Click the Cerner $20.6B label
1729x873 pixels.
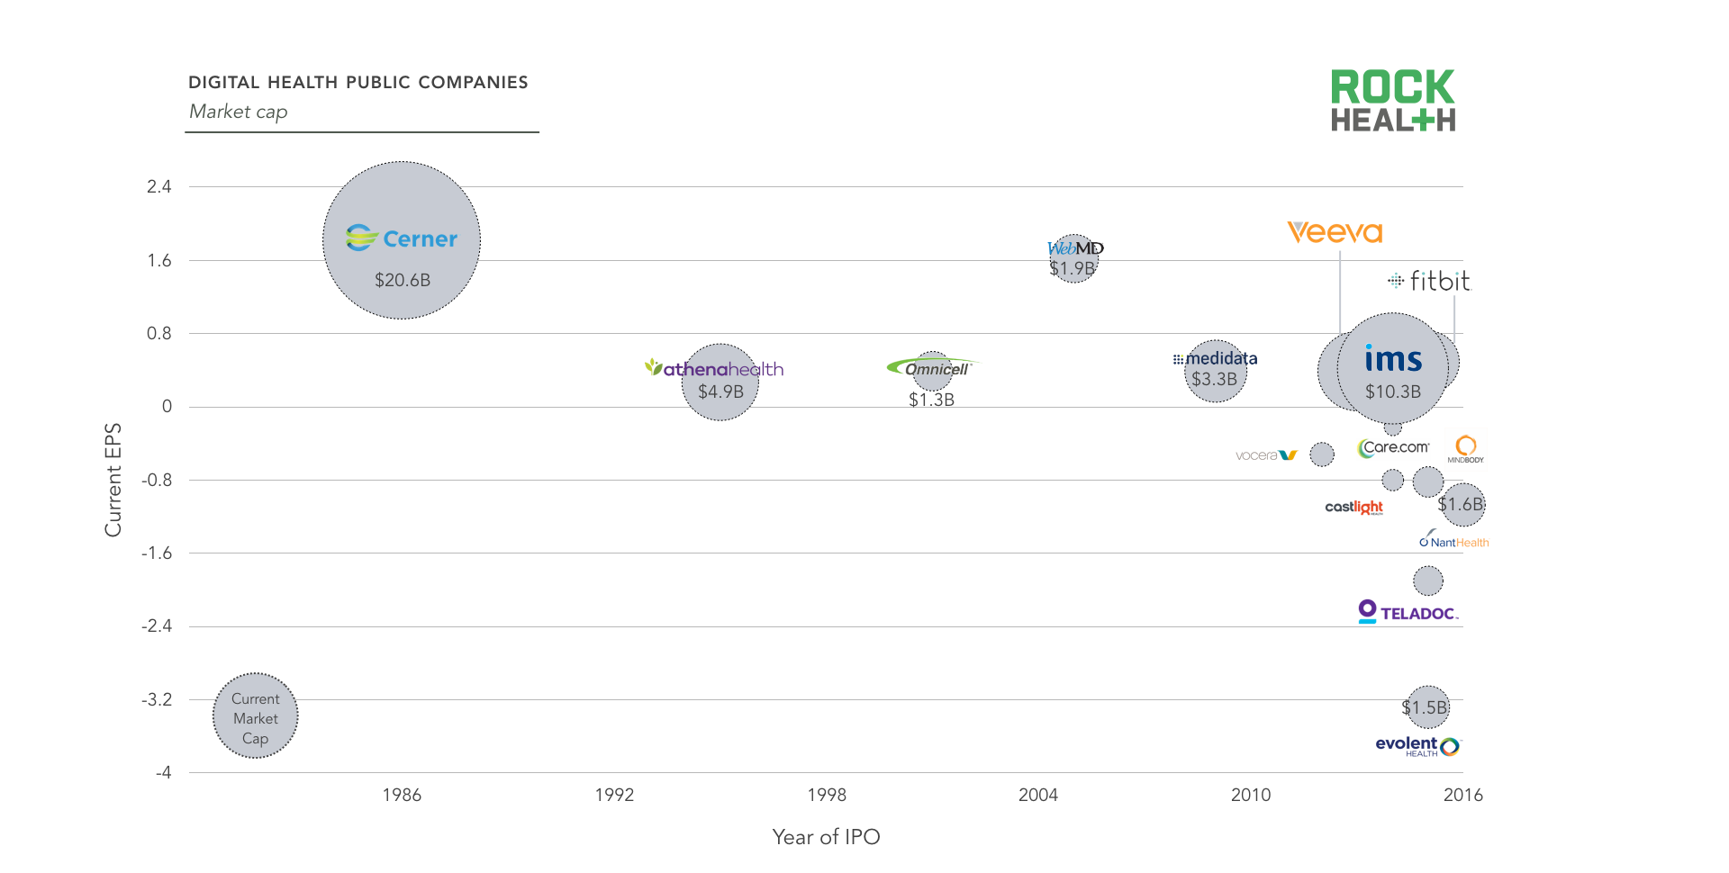pyautogui.click(x=403, y=280)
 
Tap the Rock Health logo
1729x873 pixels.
pyautogui.click(x=1392, y=101)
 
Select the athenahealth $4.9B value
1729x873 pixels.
pyautogui.click(x=720, y=391)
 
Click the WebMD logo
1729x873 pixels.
pyautogui.click(x=1075, y=247)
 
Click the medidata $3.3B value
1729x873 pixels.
pyautogui.click(x=1214, y=379)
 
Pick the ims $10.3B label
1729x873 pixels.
pyautogui.click(x=1392, y=391)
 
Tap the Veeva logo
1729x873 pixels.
pyautogui.click(x=1335, y=232)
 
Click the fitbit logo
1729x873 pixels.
pyautogui.click(x=1429, y=281)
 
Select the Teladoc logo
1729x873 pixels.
pyautogui.click(x=1408, y=612)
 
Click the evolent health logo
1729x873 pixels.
pyautogui.click(x=1417, y=745)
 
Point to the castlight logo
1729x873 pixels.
pyautogui.click(x=1353, y=507)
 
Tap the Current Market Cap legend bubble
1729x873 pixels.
pyautogui.click(x=256, y=716)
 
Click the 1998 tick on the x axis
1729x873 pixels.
pyautogui.click(x=827, y=795)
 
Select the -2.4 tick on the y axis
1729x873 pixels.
pyautogui.click(x=157, y=625)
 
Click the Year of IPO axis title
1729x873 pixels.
pyautogui.click(x=826, y=837)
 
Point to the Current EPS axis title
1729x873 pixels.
pyautogui.click(x=113, y=480)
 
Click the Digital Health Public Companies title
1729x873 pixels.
pyautogui.click(x=358, y=82)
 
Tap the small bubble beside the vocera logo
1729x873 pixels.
pyautogui.click(x=1321, y=454)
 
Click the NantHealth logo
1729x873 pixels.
pyautogui.click(x=1453, y=542)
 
